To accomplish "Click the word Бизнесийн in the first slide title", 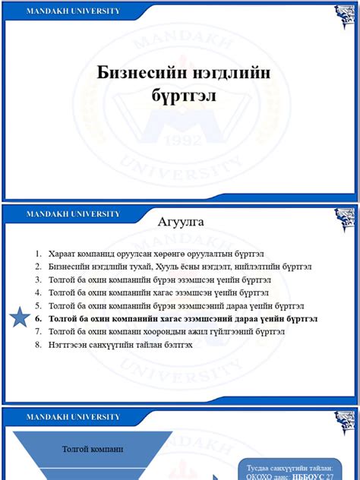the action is point(139,73).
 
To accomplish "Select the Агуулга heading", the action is point(180,222).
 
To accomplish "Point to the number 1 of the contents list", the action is point(37,253).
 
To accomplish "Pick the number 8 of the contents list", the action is point(37,345).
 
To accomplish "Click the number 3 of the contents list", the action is point(37,279).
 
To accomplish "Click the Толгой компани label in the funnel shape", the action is point(93,450).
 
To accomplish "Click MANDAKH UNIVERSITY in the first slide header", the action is point(73,11).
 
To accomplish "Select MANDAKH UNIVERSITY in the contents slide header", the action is point(73,214).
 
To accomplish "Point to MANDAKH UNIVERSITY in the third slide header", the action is point(73,417).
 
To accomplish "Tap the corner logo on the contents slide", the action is point(346,218).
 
